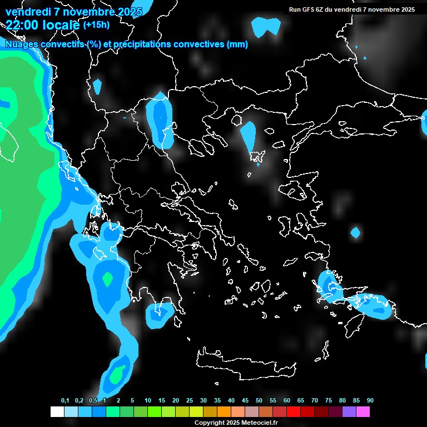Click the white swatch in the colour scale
57,412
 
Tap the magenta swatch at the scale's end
363,412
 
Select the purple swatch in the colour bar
349,412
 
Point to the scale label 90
370,401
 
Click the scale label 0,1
65,401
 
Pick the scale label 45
245,401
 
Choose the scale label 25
190,401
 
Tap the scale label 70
315,401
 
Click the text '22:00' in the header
21,24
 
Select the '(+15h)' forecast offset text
96,24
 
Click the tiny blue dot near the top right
365,58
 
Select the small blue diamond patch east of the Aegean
355,232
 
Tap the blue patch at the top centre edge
266,27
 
